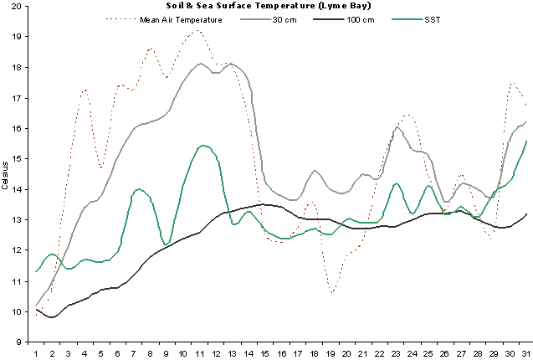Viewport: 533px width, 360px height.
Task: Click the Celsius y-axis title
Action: [x=6, y=174]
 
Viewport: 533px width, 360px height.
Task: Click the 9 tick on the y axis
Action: [x=21, y=342]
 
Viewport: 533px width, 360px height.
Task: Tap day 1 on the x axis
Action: [x=37, y=352]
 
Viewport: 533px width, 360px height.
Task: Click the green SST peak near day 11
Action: [x=203, y=146]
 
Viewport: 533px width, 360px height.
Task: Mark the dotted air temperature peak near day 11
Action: [x=197, y=30]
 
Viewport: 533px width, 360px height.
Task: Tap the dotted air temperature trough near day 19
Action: [x=332, y=292]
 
